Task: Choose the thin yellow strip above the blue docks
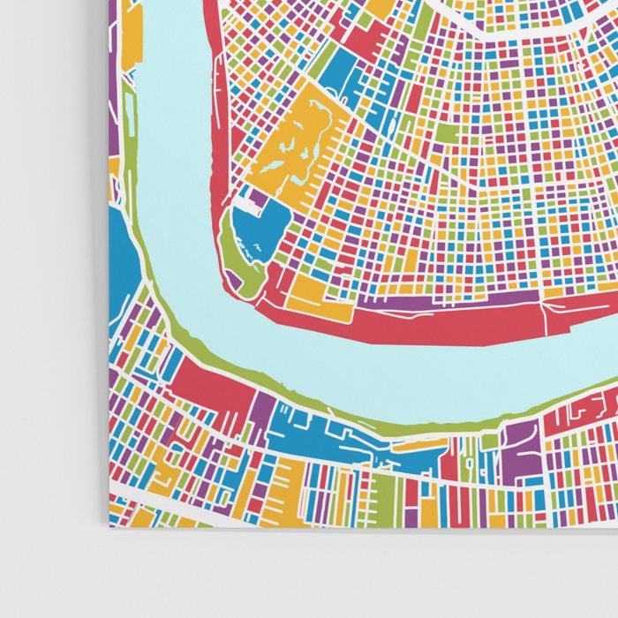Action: click(x=419, y=444)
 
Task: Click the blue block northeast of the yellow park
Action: click(x=340, y=75)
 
